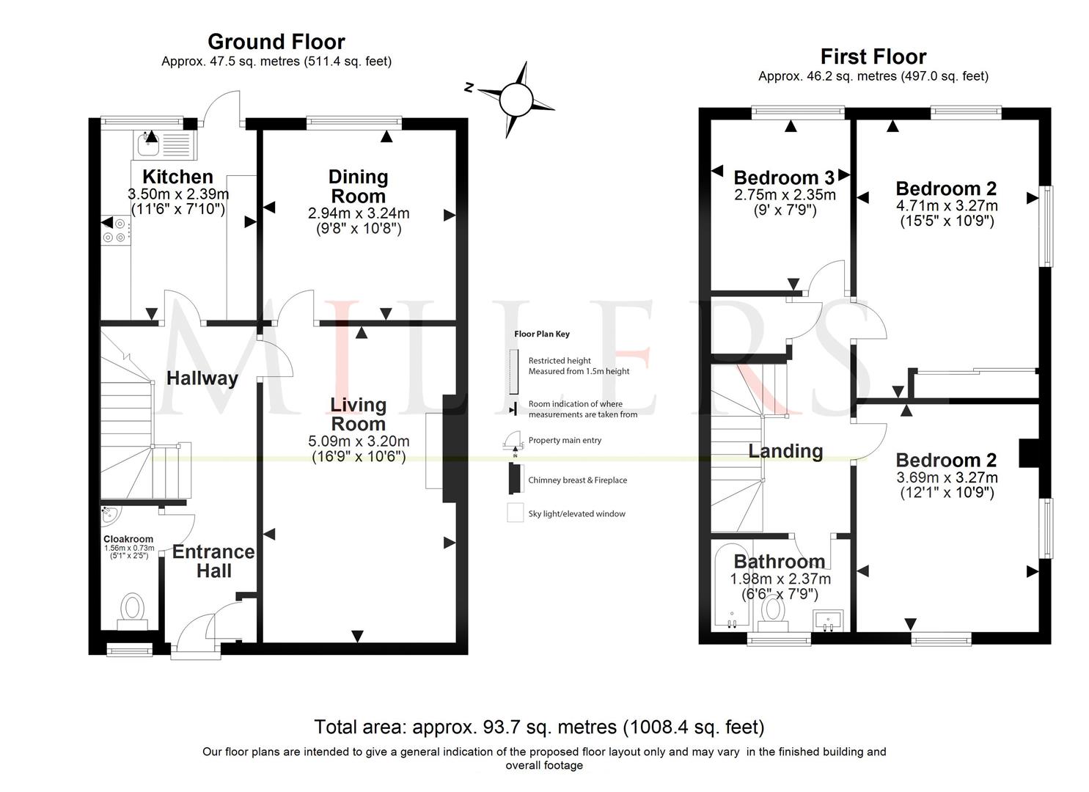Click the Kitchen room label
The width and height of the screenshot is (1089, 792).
tap(177, 177)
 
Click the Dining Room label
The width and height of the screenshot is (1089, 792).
tap(358, 186)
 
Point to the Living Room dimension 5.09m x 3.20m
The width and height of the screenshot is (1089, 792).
tap(359, 441)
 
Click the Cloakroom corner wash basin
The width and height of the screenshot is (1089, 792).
tap(110, 515)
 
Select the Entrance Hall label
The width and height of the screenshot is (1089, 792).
tap(213, 561)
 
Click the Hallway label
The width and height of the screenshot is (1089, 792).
tap(202, 378)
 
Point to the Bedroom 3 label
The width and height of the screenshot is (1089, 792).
tap(783, 177)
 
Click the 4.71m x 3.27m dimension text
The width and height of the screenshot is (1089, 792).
tap(946, 205)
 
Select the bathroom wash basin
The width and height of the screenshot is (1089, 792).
tap(828, 620)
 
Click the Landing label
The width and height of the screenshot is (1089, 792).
tap(785, 451)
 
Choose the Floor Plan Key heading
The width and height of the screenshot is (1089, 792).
tap(541, 334)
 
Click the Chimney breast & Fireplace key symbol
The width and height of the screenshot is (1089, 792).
tap(515, 480)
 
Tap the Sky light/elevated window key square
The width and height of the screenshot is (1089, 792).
tap(515, 513)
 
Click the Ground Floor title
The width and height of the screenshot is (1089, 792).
tap(276, 42)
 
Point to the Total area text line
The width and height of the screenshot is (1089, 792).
tap(539, 727)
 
